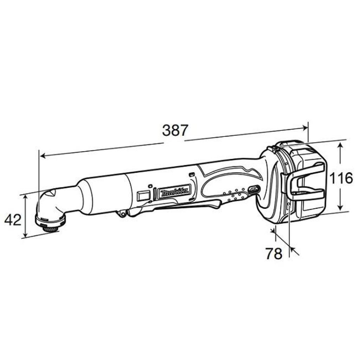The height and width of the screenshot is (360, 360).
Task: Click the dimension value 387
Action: (175, 130)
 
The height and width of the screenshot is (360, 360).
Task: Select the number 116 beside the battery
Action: (340, 178)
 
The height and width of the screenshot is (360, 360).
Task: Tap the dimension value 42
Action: (13, 220)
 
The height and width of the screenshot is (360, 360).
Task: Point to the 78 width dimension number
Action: (274, 254)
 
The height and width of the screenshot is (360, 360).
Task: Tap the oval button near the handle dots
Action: (253, 189)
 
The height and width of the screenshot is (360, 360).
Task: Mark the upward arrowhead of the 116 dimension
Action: (340, 145)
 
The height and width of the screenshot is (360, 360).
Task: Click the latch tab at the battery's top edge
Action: (275, 149)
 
